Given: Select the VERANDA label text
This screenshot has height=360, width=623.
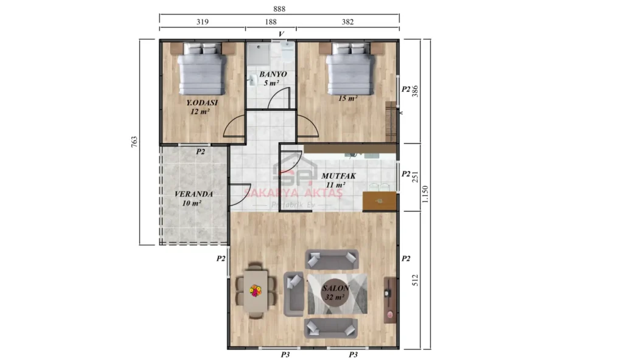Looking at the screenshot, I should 193,194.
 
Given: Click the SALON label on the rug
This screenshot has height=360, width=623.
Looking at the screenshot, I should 336,288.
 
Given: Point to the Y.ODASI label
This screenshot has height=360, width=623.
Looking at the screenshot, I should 202,103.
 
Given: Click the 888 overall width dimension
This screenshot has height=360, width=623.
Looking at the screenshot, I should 279,9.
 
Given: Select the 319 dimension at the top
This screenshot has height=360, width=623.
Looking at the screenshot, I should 202,22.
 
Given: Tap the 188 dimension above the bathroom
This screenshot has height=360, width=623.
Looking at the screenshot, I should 271,22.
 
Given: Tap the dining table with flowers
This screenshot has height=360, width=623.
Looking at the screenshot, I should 255,291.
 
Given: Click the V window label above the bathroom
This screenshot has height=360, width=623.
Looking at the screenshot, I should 281,34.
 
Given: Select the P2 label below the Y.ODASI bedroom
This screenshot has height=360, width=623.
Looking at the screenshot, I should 200,151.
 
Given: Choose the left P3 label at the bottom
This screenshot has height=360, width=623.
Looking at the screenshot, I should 284,354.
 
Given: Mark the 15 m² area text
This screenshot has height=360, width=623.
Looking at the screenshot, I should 348,98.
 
